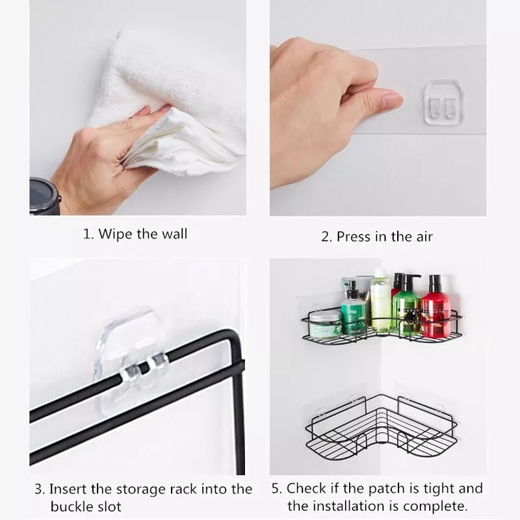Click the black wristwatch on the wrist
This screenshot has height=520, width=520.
(44, 196)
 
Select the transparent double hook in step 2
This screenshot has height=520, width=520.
(444, 103)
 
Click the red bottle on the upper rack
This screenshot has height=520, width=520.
(436, 307)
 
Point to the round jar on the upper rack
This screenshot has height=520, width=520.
(326, 323)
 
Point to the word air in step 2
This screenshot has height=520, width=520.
(423, 237)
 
